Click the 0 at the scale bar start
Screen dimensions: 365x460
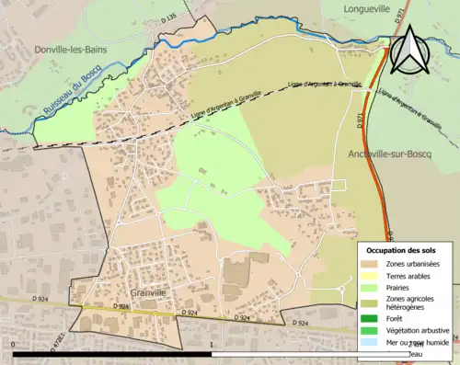(14, 344)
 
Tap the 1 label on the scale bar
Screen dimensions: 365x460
(213, 344)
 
